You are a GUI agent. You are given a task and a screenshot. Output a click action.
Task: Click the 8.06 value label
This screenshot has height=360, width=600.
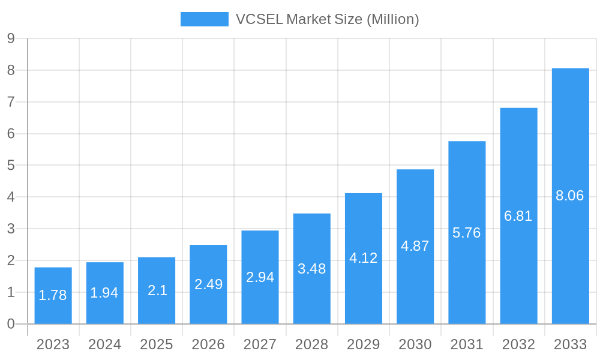pyautogui.click(x=570, y=196)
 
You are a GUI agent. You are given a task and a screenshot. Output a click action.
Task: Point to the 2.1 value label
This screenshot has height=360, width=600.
pyautogui.click(x=157, y=290)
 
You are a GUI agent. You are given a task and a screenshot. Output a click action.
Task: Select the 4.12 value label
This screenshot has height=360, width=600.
pyautogui.click(x=364, y=258)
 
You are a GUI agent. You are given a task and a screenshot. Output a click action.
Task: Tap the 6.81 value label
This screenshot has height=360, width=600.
pyautogui.click(x=518, y=216)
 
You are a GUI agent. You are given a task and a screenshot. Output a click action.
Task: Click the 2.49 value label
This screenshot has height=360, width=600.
pyautogui.click(x=208, y=284)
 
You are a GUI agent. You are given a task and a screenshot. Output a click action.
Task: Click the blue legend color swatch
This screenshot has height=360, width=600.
pyautogui.click(x=205, y=19)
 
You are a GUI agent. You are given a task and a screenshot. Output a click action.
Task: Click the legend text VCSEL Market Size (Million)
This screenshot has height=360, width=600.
pyautogui.click(x=327, y=19)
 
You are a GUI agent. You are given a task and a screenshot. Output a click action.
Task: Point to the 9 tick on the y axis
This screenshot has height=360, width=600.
pyautogui.click(x=11, y=38)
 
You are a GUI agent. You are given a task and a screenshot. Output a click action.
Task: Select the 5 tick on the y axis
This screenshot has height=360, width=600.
pyautogui.click(x=11, y=165)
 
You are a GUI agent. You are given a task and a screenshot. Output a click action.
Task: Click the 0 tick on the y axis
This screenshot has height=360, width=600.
pyautogui.click(x=11, y=324)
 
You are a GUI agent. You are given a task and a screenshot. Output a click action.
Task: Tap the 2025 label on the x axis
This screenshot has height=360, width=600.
pyautogui.click(x=157, y=344)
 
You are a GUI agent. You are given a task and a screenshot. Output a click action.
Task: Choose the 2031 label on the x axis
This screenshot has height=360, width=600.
pyautogui.click(x=467, y=344)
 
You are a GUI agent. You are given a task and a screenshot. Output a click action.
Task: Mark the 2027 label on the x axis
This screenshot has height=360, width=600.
pyautogui.click(x=260, y=344)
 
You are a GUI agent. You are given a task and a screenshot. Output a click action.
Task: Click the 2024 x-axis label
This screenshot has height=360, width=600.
pyautogui.click(x=105, y=344)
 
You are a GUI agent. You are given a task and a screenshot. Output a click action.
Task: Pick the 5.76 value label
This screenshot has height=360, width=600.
pyautogui.click(x=467, y=233)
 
